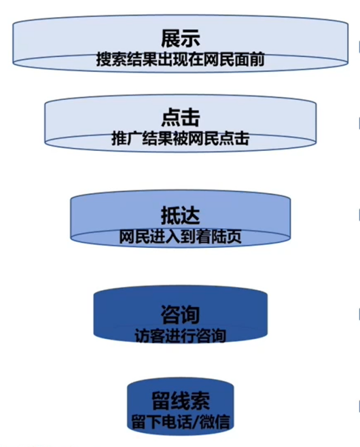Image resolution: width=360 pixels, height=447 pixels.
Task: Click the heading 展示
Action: pyautogui.click(x=180, y=38)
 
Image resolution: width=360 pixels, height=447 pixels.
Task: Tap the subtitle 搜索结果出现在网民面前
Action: pyautogui.click(x=180, y=59)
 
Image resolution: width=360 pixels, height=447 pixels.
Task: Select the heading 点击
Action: pyautogui.click(x=180, y=118)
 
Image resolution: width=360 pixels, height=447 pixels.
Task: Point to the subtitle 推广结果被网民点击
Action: pyautogui.click(x=180, y=139)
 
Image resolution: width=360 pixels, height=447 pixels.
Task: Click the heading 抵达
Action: pyautogui.click(x=180, y=215)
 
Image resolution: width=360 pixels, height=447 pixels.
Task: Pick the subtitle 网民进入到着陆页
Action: pyautogui.click(x=180, y=236)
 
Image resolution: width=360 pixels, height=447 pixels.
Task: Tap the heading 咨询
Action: pyautogui.click(x=180, y=315)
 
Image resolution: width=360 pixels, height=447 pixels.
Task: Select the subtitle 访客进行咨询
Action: pyautogui.click(x=180, y=336)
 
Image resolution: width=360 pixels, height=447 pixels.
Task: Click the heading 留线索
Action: pyautogui.click(x=181, y=401)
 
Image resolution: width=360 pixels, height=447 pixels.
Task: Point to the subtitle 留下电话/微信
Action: pyautogui.click(x=181, y=422)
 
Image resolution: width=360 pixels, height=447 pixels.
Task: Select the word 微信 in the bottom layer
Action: pyautogui.click(x=215, y=422)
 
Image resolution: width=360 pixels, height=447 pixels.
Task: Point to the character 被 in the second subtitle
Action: pyautogui.click(x=180, y=139)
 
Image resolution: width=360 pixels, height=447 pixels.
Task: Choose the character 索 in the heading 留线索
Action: pyautogui.click(x=200, y=401)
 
